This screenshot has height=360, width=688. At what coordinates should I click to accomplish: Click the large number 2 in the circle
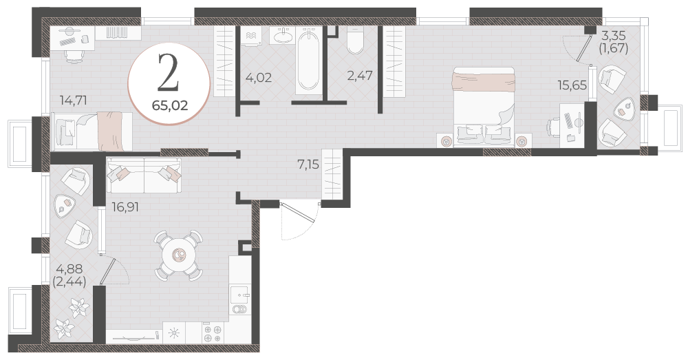[x=169, y=73]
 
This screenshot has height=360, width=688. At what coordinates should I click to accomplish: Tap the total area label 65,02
[x=170, y=106]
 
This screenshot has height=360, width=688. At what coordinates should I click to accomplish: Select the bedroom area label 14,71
[x=74, y=100]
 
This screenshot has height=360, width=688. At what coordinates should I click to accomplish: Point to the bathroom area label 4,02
[x=259, y=78]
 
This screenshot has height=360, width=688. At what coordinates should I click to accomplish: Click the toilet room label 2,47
[x=360, y=76]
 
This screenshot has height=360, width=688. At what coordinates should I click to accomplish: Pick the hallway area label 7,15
[x=308, y=165]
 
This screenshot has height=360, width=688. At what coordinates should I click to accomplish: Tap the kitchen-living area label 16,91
[x=125, y=207]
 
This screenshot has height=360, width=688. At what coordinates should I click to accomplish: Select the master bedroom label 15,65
[x=572, y=85]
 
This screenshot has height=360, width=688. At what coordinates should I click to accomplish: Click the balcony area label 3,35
[x=614, y=35]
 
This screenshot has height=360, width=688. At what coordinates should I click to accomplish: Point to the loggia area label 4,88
[x=69, y=268]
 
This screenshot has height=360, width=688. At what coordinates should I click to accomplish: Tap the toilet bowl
[x=355, y=41]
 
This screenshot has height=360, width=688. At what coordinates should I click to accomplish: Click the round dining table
[x=179, y=255]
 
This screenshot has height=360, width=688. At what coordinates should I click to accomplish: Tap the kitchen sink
[x=239, y=296]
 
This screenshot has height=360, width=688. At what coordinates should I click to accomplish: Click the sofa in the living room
[x=144, y=175]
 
